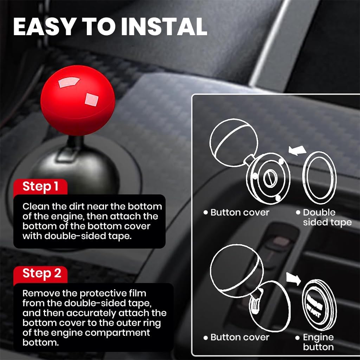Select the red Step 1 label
pyautogui.click(x=40, y=186)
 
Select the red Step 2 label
pyautogui.click(x=41, y=273)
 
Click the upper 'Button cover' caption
pyautogui.click(x=239, y=212)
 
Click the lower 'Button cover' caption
pyautogui.click(x=239, y=337)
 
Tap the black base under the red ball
pyautogui.click(x=84, y=169)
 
